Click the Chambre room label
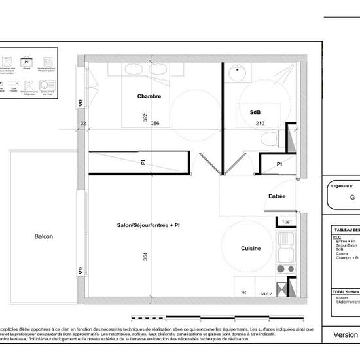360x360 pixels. click(x=149, y=97)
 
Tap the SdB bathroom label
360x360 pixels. click(x=255, y=113)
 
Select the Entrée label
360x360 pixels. click(x=277, y=196)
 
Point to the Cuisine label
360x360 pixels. click(x=251, y=248)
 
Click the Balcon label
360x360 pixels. click(x=44, y=237)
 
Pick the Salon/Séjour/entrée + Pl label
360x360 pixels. click(x=148, y=225)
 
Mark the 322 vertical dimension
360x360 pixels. click(x=145, y=118)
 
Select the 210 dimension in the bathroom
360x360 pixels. click(x=260, y=123)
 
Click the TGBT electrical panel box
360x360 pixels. click(x=287, y=222)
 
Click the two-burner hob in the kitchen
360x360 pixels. click(x=286, y=268)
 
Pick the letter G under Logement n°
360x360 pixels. click(x=352, y=197)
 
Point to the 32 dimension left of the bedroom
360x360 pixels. click(x=83, y=123)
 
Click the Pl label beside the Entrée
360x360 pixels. click(x=279, y=164)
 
